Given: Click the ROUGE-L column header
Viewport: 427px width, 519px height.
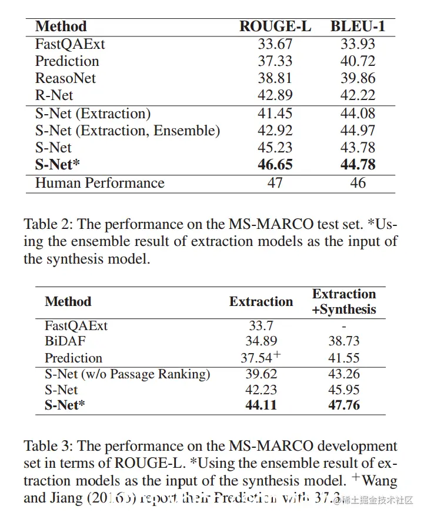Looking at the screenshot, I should (x=275, y=26).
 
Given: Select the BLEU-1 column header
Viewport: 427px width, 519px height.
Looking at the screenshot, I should (x=358, y=26).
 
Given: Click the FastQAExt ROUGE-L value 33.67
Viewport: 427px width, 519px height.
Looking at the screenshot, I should (x=275, y=44).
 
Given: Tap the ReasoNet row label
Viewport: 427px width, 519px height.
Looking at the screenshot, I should (x=65, y=78).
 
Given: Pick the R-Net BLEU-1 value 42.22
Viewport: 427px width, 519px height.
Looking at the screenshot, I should (x=358, y=95).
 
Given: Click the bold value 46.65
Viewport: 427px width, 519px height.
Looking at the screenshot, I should (x=275, y=165).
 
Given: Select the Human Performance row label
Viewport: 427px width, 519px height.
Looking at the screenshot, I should (x=99, y=183).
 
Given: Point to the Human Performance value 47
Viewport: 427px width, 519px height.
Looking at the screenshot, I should (x=275, y=183).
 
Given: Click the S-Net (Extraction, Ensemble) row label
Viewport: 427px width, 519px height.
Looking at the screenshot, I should (x=128, y=131).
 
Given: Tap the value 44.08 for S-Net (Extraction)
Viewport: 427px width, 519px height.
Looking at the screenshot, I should (x=358, y=114).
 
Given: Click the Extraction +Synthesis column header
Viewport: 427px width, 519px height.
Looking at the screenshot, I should (x=344, y=301).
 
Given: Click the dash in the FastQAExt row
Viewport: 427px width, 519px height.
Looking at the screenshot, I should (x=344, y=325).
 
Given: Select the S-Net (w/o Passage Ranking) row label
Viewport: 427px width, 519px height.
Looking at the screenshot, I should (x=127, y=374).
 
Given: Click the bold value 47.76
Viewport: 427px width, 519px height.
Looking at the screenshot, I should (x=344, y=405).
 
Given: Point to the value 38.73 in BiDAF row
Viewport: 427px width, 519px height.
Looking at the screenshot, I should (x=344, y=341).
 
